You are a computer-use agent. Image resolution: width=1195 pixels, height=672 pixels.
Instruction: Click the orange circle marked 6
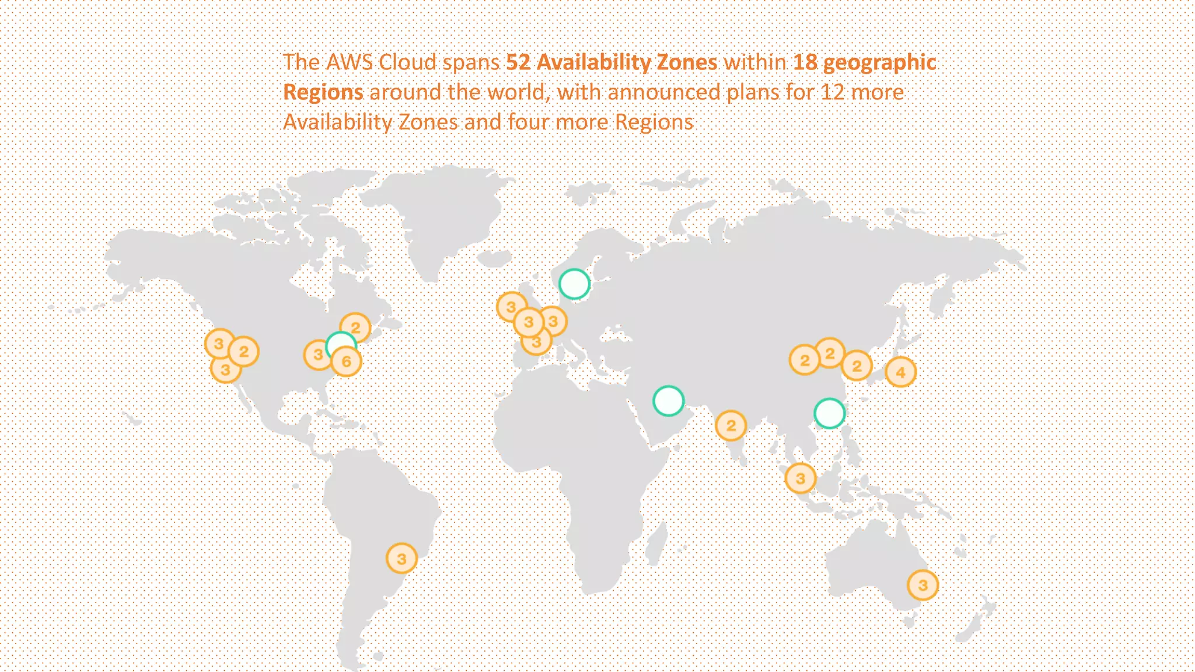(347, 362)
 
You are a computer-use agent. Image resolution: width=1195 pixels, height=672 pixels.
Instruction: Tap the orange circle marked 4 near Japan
(900, 372)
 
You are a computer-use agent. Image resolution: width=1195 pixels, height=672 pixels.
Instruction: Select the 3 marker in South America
(401, 559)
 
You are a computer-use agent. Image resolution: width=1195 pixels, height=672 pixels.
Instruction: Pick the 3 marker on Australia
(923, 585)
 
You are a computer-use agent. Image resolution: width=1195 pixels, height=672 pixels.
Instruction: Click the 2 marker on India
(731, 426)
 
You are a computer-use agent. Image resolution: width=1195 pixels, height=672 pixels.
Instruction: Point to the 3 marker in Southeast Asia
(800, 479)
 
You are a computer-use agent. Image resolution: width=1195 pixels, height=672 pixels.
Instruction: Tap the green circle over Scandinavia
(574, 284)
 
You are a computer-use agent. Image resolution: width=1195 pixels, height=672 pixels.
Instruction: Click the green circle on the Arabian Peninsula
(668, 401)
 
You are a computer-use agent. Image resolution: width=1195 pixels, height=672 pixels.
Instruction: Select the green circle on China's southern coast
(829, 414)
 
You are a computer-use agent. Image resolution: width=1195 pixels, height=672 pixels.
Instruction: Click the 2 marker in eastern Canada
(355, 328)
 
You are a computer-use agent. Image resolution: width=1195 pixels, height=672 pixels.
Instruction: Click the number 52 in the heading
(518, 62)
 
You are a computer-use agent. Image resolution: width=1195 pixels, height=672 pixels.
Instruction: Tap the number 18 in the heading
(805, 62)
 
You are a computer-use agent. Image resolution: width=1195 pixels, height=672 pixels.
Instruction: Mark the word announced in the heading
(664, 92)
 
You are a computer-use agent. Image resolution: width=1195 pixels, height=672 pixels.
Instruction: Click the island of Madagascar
(658, 542)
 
